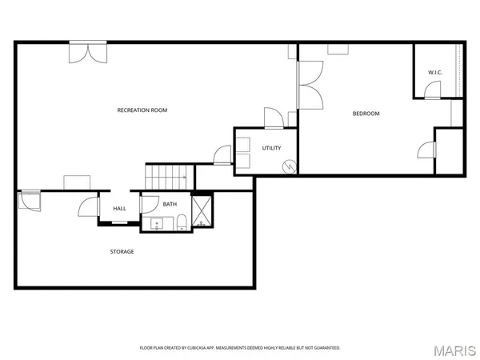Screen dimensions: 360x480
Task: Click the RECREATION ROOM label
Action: pyautogui.click(x=142, y=110)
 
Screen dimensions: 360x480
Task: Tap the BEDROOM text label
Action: pyautogui.click(x=366, y=114)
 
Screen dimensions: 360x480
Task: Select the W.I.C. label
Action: pyautogui.click(x=434, y=73)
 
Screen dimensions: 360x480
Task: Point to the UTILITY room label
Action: pyautogui.click(x=271, y=148)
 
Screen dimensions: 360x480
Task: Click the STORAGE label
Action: pyautogui.click(x=122, y=251)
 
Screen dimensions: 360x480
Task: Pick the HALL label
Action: pyautogui.click(x=119, y=208)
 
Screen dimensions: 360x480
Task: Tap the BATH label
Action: pyautogui.click(x=170, y=204)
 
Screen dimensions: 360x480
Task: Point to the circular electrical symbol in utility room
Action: pyautogui.click(x=290, y=167)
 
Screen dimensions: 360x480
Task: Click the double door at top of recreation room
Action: pyautogui.click(x=86, y=52)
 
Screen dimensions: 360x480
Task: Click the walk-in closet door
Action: pyautogui.click(x=432, y=92)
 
